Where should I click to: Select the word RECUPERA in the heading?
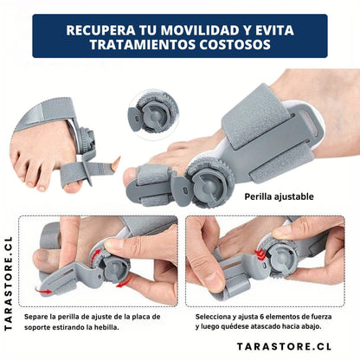click(x=100, y=30)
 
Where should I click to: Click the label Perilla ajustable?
click(x=279, y=196)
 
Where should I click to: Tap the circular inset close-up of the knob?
click(x=153, y=114)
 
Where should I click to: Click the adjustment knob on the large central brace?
click(x=209, y=183)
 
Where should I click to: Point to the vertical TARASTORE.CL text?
click(x=9, y=284)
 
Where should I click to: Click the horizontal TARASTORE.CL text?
click(x=284, y=346)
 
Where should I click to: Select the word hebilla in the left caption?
click(x=107, y=327)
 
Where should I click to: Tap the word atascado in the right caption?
click(x=266, y=326)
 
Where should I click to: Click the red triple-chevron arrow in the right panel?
click(x=260, y=254)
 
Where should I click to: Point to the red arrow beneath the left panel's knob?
click(x=124, y=282)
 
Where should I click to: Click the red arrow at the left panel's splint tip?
click(x=43, y=291)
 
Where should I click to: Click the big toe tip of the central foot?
click(x=129, y=177)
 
